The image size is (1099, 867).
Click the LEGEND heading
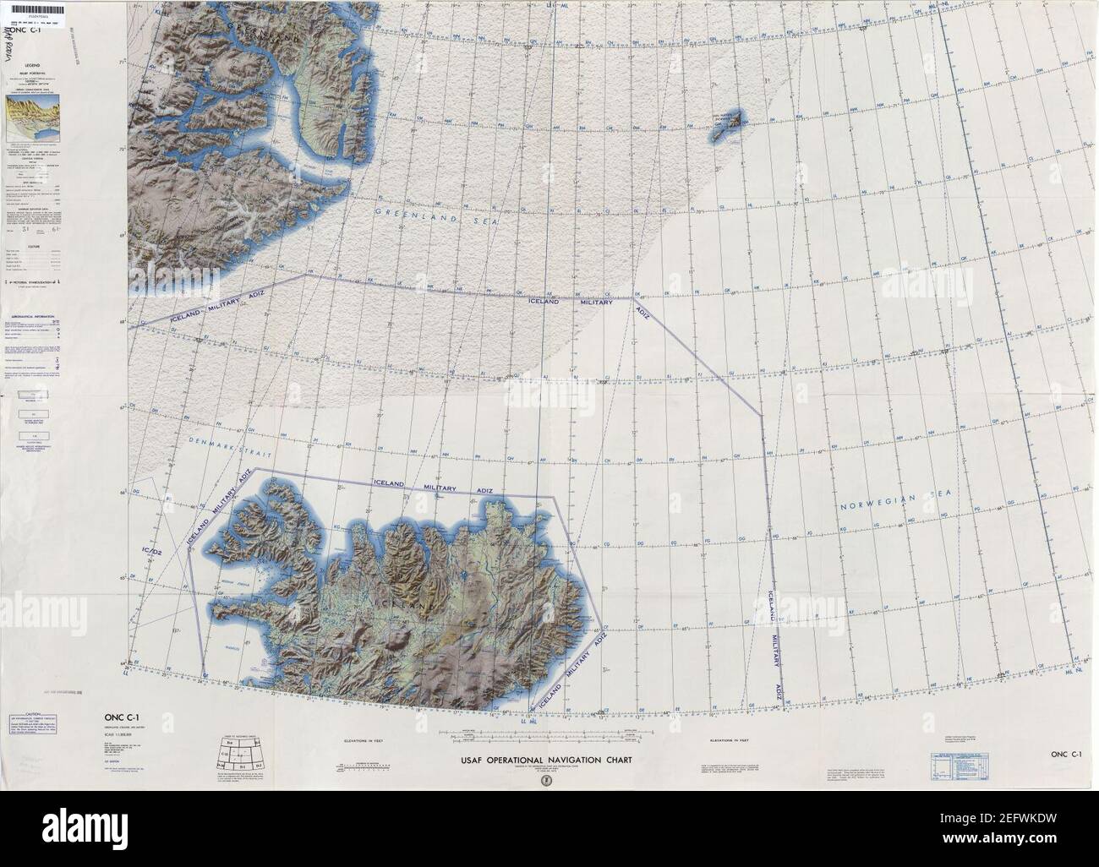click(31, 65)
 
